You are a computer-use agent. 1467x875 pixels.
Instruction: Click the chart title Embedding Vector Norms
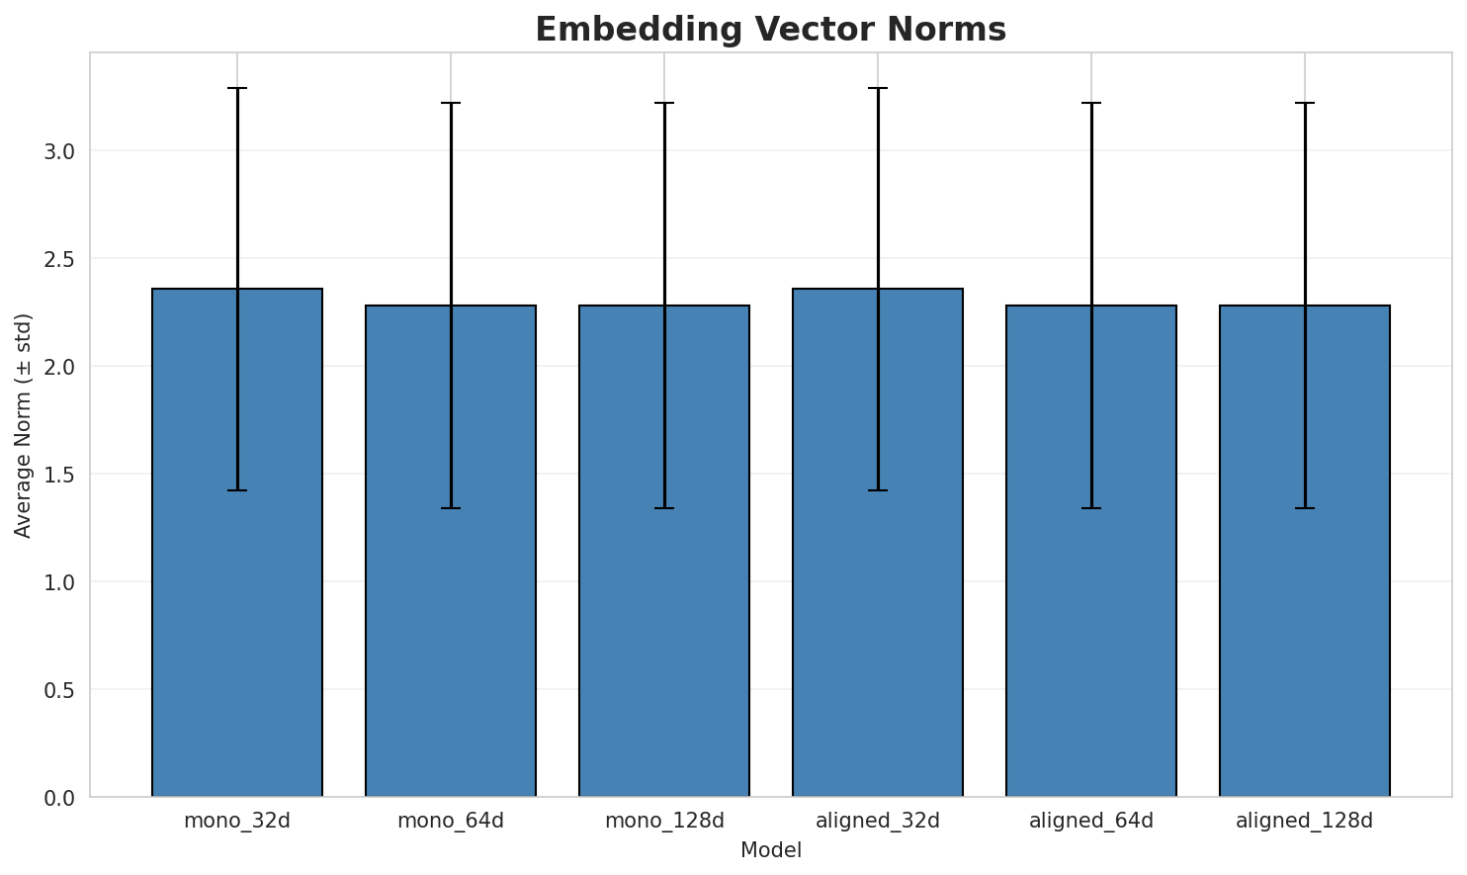point(770,30)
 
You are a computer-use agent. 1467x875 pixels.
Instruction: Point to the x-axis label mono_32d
point(237,821)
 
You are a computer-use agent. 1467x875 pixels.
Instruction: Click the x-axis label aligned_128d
point(1305,821)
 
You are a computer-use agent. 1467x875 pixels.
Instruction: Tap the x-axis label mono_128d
point(664,821)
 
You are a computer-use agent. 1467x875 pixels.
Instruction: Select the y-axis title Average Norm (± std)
point(24,425)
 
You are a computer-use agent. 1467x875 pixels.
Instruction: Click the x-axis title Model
point(770,850)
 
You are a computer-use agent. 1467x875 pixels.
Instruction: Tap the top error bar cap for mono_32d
point(237,88)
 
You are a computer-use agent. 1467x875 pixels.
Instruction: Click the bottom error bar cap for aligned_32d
point(878,490)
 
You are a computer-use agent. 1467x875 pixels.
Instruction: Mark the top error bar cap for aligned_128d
point(1305,103)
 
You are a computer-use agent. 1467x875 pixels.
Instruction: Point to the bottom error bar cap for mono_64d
point(451,508)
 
